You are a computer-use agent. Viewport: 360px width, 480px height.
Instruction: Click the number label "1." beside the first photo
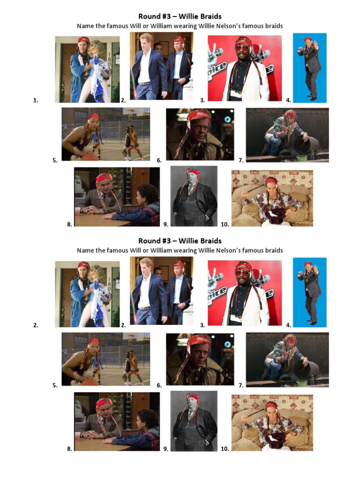point(35,100)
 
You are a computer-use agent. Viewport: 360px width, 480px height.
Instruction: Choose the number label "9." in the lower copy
point(166,449)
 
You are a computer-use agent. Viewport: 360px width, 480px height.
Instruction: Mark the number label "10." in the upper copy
point(225,225)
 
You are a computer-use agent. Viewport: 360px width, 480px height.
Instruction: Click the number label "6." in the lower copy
point(159,385)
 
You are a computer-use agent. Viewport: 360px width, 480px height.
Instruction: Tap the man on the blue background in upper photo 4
point(309,68)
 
